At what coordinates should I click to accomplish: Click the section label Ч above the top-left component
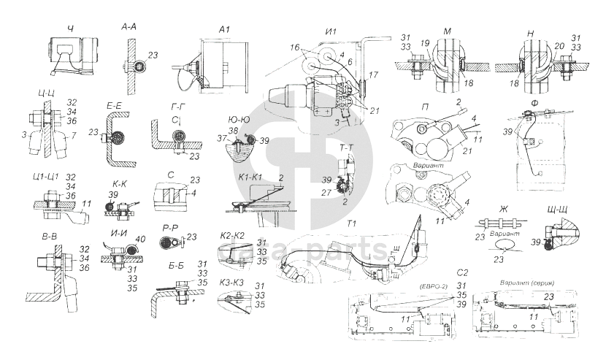[x=70, y=28]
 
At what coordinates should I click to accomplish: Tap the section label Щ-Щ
[x=557, y=210]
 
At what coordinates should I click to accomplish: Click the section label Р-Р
[x=171, y=227]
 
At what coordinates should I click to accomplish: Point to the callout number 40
[x=140, y=239]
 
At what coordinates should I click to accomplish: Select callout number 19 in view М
[x=426, y=44]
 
